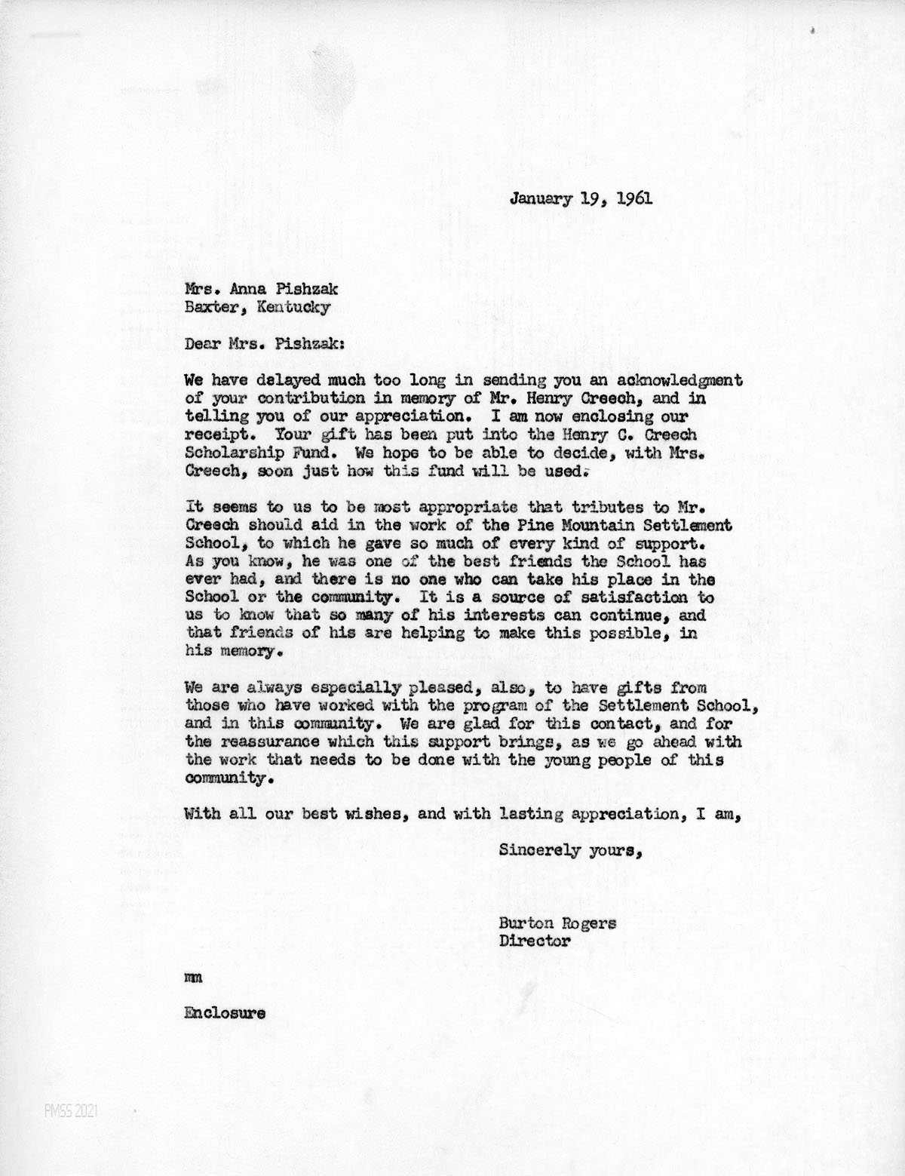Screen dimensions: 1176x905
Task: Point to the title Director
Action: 534,941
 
